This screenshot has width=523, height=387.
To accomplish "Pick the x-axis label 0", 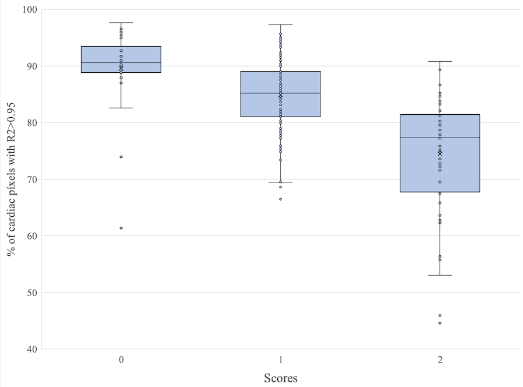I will [x=121, y=360].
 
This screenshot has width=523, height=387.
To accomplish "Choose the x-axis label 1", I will [x=280, y=360].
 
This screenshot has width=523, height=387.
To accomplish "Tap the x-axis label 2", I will [x=440, y=360].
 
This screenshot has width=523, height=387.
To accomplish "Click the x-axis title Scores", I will [x=280, y=378].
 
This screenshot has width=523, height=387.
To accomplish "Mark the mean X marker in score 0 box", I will [x=121, y=68].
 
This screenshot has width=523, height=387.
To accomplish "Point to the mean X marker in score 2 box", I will [x=440, y=153].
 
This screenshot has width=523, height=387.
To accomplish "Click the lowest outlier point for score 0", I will [x=121, y=228].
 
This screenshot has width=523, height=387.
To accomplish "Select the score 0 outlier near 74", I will [x=121, y=157].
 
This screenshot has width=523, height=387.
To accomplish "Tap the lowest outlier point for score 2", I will [x=440, y=323].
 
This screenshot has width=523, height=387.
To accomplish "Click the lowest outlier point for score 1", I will [x=280, y=199].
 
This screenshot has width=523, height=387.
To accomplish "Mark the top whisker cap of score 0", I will [x=121, y=23].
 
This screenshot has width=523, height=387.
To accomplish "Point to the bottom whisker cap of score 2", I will [x=440, y=275].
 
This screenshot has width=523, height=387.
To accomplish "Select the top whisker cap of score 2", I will [x=440, y=61].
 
